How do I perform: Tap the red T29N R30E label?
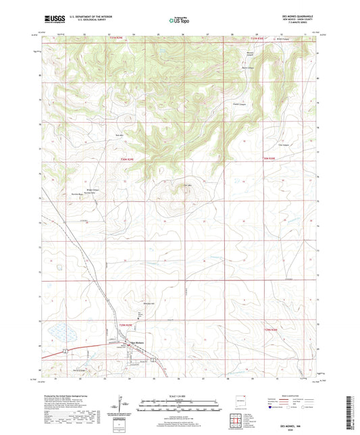click(x=272, y=329)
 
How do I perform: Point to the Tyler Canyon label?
click(x=274, y=144)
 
